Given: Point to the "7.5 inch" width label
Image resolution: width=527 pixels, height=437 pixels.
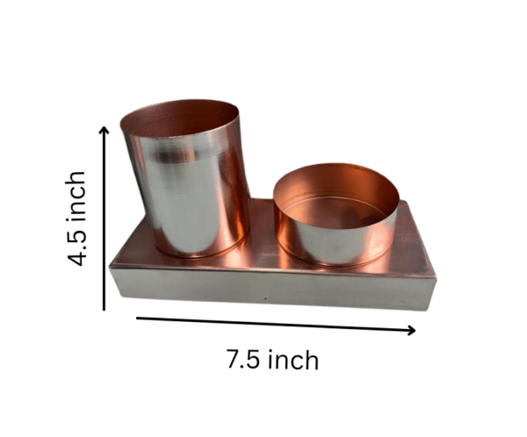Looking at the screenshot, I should click(273, 359).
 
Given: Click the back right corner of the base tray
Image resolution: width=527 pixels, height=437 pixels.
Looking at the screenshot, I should click(406, 203).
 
